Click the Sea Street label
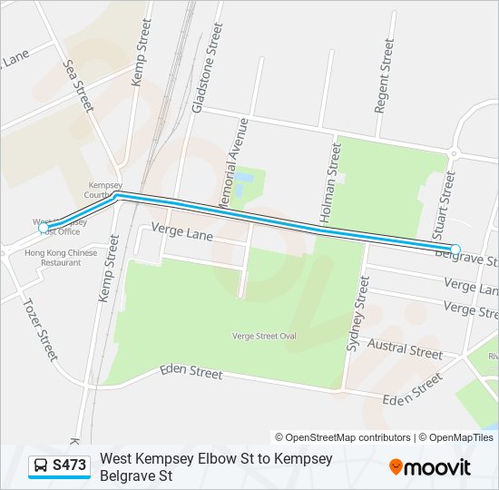pyautogui.click(x=78, y=83)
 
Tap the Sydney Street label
pyautogui.click(x=360, y=313)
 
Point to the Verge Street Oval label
pyautogui.click(x=264, y=337)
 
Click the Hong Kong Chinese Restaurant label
pyautogui.click(x=60, y=258)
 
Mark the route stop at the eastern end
pyautogui.click(x=455, y=249)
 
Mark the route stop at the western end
pyautogui.click(x=44, y=228)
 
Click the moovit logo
pyautogui.click(x=430, y=467)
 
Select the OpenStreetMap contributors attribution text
pyautogui.click(x=344, y=437)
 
